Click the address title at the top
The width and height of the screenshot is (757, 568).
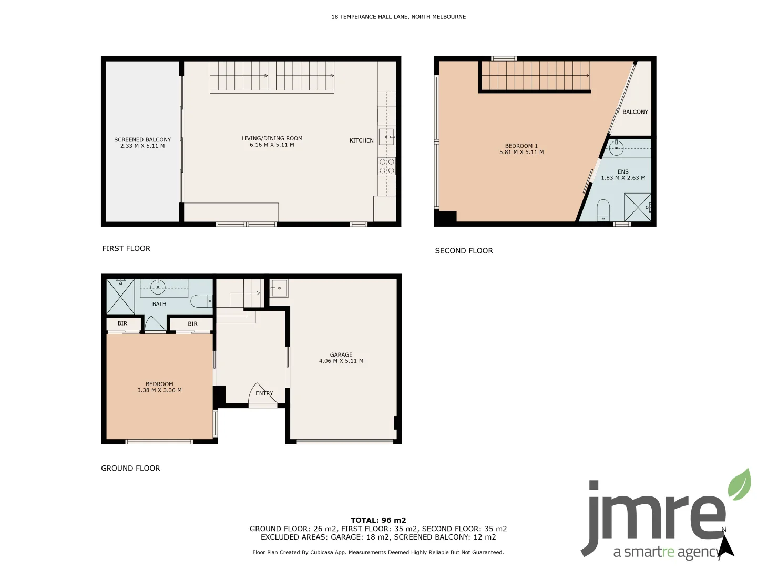click(398, 17)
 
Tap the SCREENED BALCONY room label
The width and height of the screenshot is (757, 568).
click(142, 140)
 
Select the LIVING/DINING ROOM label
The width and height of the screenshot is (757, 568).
click(272, 138)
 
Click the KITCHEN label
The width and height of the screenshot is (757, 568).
click(362, 140)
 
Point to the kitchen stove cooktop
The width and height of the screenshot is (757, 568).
click(387, 166)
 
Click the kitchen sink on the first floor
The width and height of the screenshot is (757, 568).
click(386, 137)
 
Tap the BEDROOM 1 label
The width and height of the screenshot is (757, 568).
click(521, 146)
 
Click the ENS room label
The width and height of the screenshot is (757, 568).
click(623, 172)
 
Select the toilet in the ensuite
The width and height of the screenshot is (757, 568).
click(603, 209)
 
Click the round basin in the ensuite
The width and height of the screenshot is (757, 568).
click(616, 148)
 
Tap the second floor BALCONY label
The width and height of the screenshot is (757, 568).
click(635, 112)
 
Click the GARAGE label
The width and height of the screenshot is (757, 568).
click(341, 355)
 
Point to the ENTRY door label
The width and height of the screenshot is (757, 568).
click(264, 393)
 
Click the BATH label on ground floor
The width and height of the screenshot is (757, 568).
click(159, 304)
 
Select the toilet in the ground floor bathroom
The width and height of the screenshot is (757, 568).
click(201, 301)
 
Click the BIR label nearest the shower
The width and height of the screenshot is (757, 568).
click(122, 323)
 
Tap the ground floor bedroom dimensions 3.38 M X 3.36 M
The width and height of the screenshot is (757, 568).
click(159, 390)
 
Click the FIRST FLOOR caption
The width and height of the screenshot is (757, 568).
click(126, 248)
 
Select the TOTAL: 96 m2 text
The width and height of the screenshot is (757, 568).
click(378, 520)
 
